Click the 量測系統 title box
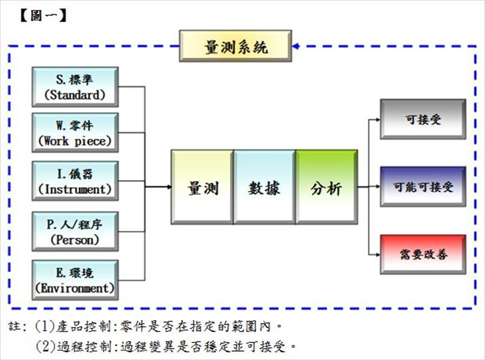pos(236,47)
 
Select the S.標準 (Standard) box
pos(75,87)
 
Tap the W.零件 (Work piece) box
pos(75,133)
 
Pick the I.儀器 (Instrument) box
pos(75,181)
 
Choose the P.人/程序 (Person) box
pos(75,231)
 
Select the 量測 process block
pos(202,187)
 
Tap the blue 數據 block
pos(264,187)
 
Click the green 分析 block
pos(326,187)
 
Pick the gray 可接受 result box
pos(423,119)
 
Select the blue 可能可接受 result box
pos(423,187)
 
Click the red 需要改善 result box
pos(423,255)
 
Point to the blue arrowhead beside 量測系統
pos(295,46)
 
